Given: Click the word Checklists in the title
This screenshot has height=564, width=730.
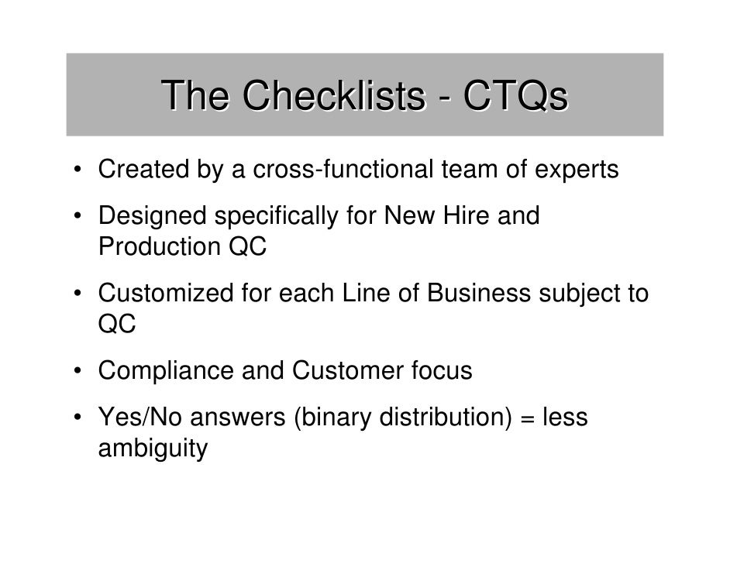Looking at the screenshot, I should [334, 98].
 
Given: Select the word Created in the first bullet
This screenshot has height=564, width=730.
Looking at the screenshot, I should [140, 170].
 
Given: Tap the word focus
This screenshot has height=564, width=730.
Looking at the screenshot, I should [438, 372].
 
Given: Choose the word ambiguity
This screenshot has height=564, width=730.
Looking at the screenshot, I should [152, 450].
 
